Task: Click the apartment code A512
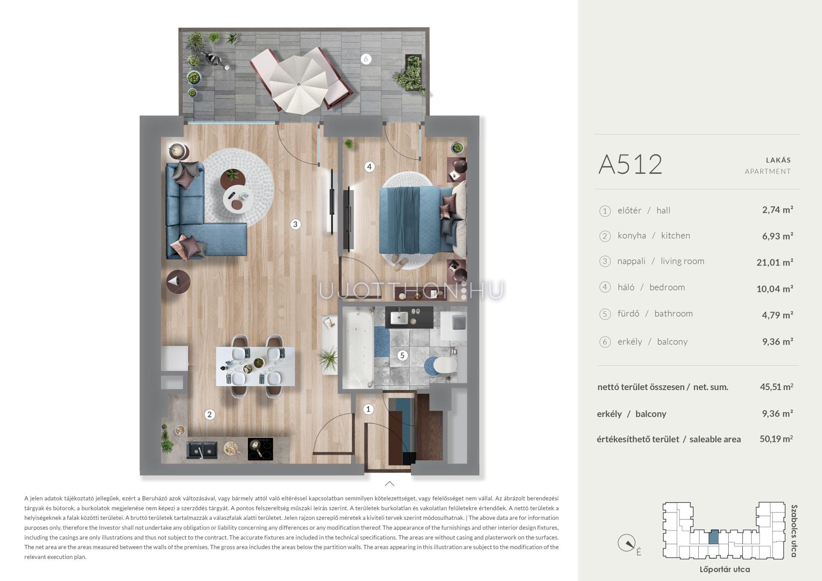pyautogui.click(x=630, y=164)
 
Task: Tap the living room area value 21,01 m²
pyautogui.click(x=775, y=262)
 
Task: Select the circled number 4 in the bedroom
pyautogui.click(x=369, y=167)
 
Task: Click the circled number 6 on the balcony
pyautogui.click(x=366, y=59)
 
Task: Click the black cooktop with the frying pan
pyautogui.click(x=260, y=449)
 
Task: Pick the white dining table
pyautogui.click(x=255, y=366)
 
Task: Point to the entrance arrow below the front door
pyautogui.click(x=390, y=484)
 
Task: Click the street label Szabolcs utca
pyautogui.click(x=794, y=531)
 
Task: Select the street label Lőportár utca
pyautogui.click(x=724, y=569)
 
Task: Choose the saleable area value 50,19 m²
pyautogui.click(x=776, y=439)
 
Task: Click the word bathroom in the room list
pyautogui.click(x=673, y=313)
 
